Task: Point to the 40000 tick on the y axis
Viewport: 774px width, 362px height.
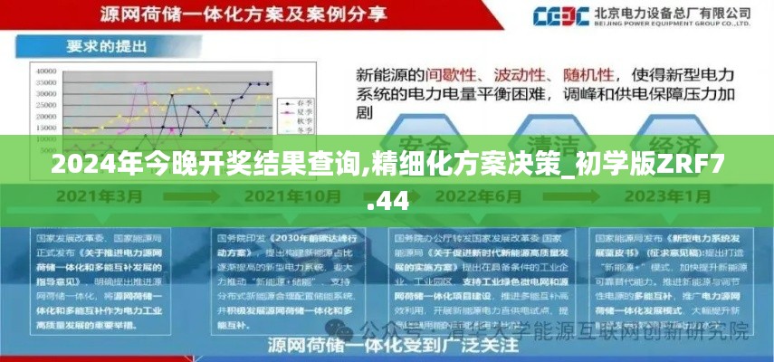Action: click(44, 69)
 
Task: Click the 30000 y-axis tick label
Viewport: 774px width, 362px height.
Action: click(44, 93)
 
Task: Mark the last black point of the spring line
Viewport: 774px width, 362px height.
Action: click(267, 84)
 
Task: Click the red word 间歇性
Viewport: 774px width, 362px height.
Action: click(454, 73)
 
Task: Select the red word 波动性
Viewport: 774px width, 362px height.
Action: click(522, 73)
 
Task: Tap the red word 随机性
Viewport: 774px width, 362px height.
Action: click(589, 73)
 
